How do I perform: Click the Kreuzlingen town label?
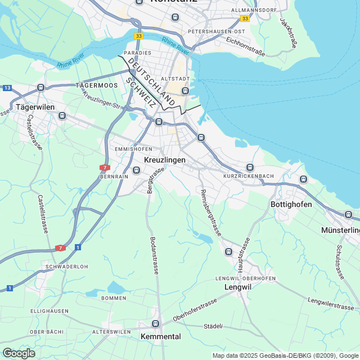165,160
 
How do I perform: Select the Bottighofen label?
291,204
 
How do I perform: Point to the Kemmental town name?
160,336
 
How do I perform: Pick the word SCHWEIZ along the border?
141,93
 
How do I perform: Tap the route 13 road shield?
7,88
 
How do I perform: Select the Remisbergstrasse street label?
209,212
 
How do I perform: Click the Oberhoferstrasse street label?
195,310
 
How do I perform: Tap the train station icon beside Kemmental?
156,323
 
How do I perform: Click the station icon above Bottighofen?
304,179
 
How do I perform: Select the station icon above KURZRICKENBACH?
250,167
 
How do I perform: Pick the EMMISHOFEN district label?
133,149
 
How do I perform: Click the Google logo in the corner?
19,353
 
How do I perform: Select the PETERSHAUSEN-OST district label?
217,31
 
